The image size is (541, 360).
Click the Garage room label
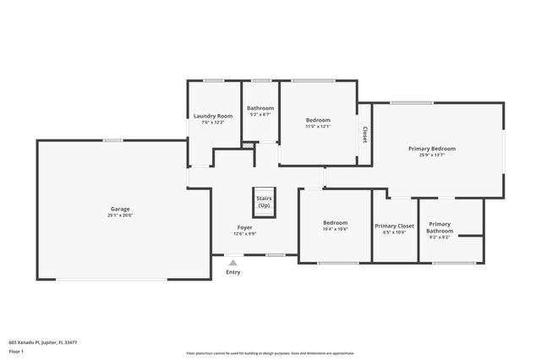(x=120, y=209)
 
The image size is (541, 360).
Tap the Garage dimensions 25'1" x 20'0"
(x=120, y=215)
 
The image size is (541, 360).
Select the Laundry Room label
(x=213, y=116)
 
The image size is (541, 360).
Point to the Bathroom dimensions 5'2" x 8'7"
(x=260, y=114)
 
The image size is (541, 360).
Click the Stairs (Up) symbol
(x=264, y=202)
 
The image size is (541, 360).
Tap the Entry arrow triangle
(x=232, y=264)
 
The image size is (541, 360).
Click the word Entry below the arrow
(x=232, y=272)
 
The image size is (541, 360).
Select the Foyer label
(x=245, y=227)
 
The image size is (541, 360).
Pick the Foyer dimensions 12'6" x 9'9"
(x=245, y=234)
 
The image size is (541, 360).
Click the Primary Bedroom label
(x=432, y=149)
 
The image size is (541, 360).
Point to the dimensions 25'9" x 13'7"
(x=432, y=155)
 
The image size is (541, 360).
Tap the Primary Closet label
(x=394, y=226)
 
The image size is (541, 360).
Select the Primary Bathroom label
(x=440, y=227)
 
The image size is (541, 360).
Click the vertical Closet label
(x=364, y=134)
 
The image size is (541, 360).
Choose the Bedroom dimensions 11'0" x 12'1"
(x=318, y=127)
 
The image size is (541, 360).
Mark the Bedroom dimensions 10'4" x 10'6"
(x=336, y=229)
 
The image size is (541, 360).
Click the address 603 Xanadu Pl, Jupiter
(x=43, y=343)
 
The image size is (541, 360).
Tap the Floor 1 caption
(x=16, y=351)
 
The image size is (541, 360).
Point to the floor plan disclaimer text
(x=270, y=352)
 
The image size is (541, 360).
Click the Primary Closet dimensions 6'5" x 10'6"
(x=394, y=232)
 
